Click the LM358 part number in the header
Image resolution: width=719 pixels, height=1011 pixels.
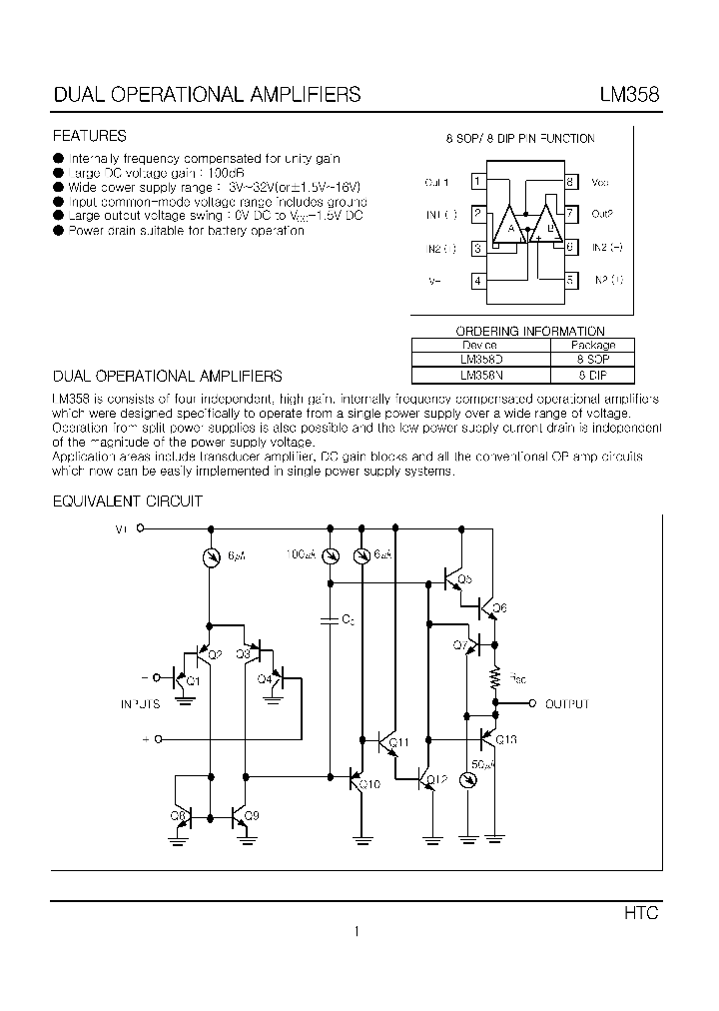click(628, 96)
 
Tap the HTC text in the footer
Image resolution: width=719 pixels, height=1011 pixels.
click(641, 913)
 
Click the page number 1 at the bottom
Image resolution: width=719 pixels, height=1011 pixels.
click(356, 933)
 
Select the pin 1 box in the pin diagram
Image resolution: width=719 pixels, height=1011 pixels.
click(478, 182)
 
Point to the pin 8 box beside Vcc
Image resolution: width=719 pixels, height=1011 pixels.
click(569, 182)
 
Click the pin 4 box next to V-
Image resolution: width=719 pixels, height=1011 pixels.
click(478, 281)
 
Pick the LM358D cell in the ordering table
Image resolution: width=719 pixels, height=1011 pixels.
click(480, 359)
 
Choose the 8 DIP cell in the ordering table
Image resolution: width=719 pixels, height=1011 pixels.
click(592, 376)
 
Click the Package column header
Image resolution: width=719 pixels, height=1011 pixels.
click(592, 345)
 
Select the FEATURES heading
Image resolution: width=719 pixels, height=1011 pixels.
click(89, 136)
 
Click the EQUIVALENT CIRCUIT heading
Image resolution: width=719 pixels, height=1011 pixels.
click(128, 501)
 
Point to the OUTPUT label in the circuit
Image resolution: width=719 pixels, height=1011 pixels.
click(567, 704)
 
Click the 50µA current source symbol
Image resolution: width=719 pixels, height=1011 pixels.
click(466, 779)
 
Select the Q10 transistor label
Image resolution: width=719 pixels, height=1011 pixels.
click(369, 784)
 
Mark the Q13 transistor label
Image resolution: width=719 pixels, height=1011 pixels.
click(505, 740)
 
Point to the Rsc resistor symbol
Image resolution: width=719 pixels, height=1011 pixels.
click(495, 679)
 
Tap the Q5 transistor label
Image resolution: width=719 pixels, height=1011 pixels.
click(464, 580)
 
